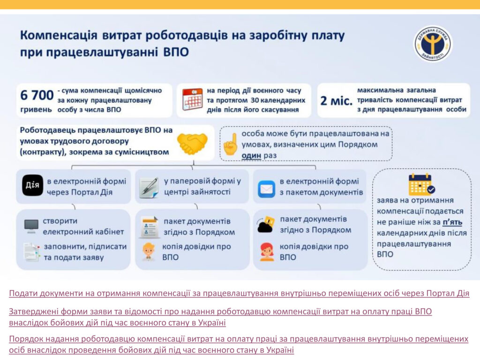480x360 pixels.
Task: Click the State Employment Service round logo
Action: point(433,43)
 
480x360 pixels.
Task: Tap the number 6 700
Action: point(37,95)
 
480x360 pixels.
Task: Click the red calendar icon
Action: point(192,99)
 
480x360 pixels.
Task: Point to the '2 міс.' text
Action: point(337,100)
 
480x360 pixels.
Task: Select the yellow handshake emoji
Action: point(192,142)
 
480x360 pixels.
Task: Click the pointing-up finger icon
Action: point(231,144)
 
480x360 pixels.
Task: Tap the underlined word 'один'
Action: point(251,156)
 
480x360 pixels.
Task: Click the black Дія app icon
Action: point(32,185)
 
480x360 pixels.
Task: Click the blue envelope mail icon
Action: point(266,189)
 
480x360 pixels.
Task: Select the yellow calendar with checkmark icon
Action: point(421,184)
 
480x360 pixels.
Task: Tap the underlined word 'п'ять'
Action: point(452,222)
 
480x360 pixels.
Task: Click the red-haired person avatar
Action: point(267,252)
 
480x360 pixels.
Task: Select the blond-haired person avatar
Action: point(149,252)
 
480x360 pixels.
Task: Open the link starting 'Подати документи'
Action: point(239,293)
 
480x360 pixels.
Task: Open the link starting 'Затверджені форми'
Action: point(220,317)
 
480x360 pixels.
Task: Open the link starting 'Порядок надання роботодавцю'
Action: point(239,345)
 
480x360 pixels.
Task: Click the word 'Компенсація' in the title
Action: point(59,35)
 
